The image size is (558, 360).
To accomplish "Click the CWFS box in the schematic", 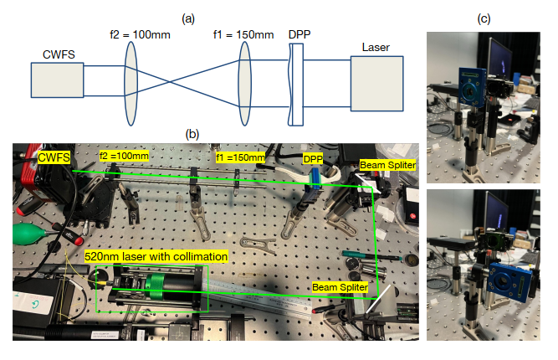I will tap(57, 84).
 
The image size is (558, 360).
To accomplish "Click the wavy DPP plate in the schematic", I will tap(293, 83).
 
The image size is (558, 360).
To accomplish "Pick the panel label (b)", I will tap(192, 134).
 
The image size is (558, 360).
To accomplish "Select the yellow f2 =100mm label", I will tap(124, 156).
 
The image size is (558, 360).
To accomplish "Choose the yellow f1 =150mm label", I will tap(240, 157).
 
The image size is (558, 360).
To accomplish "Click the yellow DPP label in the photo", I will tap(313, 157).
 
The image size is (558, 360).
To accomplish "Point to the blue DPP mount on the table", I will tap(314, 178).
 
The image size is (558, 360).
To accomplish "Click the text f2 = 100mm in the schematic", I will tap(130, 38).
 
